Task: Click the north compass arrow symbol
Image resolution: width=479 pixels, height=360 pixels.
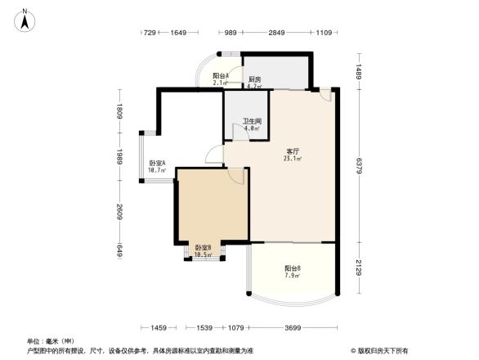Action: click(27, 19)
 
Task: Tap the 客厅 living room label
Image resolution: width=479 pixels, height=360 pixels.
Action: click(291, 151)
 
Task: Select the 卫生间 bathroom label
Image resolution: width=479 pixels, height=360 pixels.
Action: click(252, 121)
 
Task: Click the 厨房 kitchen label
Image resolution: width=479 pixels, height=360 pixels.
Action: click(254, 79)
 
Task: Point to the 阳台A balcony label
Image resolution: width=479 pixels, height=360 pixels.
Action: click(220, 76)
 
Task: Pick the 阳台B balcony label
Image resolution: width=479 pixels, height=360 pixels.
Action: click(292, 268)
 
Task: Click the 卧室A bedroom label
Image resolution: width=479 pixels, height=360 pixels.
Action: click(157, 164)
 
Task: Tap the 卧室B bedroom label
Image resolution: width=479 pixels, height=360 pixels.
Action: click(203, 248)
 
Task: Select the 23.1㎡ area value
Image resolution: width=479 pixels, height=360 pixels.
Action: click(292, 159)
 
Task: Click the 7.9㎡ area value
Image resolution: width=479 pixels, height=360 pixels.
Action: click(292, 276)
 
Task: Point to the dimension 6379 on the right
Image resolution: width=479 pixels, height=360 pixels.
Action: click(359, 165)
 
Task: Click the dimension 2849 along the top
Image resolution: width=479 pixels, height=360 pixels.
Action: click(277, 33)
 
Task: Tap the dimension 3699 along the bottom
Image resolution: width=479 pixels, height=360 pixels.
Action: click(293, 328)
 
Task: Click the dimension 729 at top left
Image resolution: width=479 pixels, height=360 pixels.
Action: click(150, 33)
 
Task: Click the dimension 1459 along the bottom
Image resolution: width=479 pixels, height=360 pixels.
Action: click(159, 328)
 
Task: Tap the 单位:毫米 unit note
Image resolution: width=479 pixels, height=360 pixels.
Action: click(51, 341)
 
